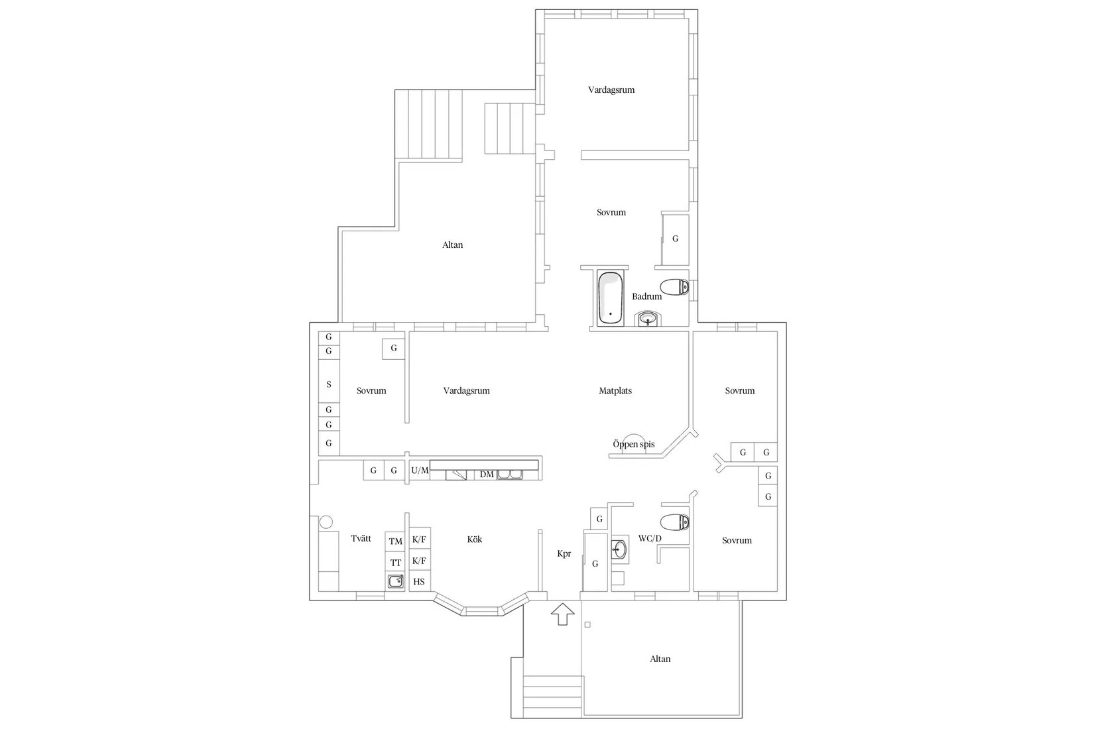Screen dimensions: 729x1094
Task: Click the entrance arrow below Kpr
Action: coord(562,614)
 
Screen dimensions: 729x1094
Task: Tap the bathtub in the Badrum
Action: coord(610,298)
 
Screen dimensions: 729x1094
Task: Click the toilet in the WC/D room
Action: coord(675,522)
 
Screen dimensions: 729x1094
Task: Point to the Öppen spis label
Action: coord(633,444)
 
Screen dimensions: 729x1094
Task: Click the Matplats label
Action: coord(615,391)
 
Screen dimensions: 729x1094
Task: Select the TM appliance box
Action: coord(396,541)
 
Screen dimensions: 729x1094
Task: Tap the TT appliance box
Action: coord(396,563)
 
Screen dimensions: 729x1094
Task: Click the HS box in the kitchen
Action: coord(419,582)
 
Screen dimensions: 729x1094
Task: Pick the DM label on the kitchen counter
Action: coord(487,475)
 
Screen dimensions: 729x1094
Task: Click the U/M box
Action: coord(420,471)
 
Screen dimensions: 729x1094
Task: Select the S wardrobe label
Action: coord(329,384)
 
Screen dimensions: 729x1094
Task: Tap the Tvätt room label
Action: coord(361,539)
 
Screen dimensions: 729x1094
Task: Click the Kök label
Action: coord(475,539)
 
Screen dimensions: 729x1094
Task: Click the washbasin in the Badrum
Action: coord(648,320)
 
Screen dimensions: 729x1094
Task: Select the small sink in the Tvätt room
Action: coord(396,582)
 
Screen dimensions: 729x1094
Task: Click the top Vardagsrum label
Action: coord(611,89)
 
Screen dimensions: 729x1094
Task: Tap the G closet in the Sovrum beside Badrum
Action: coord(676,239)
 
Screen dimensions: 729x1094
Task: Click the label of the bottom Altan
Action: coord(660,659)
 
